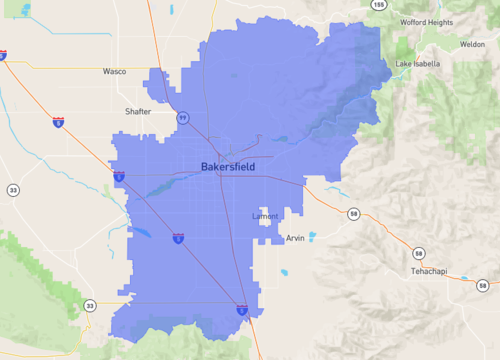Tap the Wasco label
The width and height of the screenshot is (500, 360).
point(114,72)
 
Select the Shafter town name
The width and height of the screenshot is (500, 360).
point(138,111)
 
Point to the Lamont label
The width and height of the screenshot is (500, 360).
point(265,216)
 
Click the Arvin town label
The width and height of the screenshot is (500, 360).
point(295,238)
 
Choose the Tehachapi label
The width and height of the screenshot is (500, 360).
point(431,272)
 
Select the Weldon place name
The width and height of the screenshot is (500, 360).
point(473,45)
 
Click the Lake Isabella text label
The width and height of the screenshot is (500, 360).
point(417,64)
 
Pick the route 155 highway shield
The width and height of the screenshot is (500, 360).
point(377,5)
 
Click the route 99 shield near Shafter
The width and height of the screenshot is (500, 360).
point(183,117)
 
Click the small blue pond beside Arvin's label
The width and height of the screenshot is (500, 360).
point(312,237)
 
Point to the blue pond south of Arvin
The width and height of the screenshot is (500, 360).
point(285,272)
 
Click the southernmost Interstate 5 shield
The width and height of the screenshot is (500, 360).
point(242,311)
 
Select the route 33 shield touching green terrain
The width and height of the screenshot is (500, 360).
point(90,306)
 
